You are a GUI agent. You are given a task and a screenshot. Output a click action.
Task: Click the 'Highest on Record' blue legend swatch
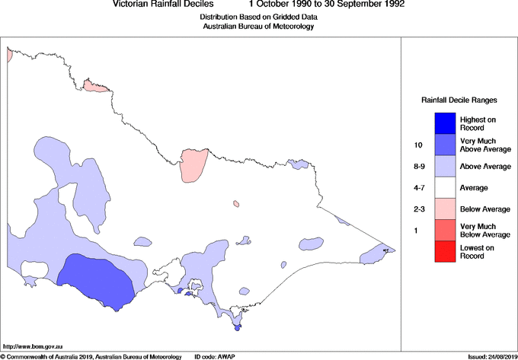pos(445,123)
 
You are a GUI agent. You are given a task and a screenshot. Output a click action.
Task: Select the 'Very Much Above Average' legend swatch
pos(445,144)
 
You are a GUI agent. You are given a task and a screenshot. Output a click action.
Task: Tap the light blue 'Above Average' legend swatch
pos(445,165)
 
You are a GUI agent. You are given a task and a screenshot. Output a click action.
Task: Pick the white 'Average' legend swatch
pos(445,186)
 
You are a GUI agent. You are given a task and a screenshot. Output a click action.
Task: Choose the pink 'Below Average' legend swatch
pos(445,208)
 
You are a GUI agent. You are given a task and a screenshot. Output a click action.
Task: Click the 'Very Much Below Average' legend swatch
pos(445,229)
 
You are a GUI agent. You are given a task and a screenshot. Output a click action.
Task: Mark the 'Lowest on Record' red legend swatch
pos(445,251)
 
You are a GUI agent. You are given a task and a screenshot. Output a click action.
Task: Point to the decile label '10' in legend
pos(418,145)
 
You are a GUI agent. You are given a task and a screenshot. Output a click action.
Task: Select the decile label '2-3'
pos(418,209)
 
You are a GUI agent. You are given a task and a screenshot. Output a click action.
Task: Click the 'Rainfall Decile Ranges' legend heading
pos(459,100)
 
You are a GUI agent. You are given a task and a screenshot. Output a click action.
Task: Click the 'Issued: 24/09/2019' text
pos(491,356)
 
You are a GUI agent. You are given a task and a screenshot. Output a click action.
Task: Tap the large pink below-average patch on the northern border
pos(193,164)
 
